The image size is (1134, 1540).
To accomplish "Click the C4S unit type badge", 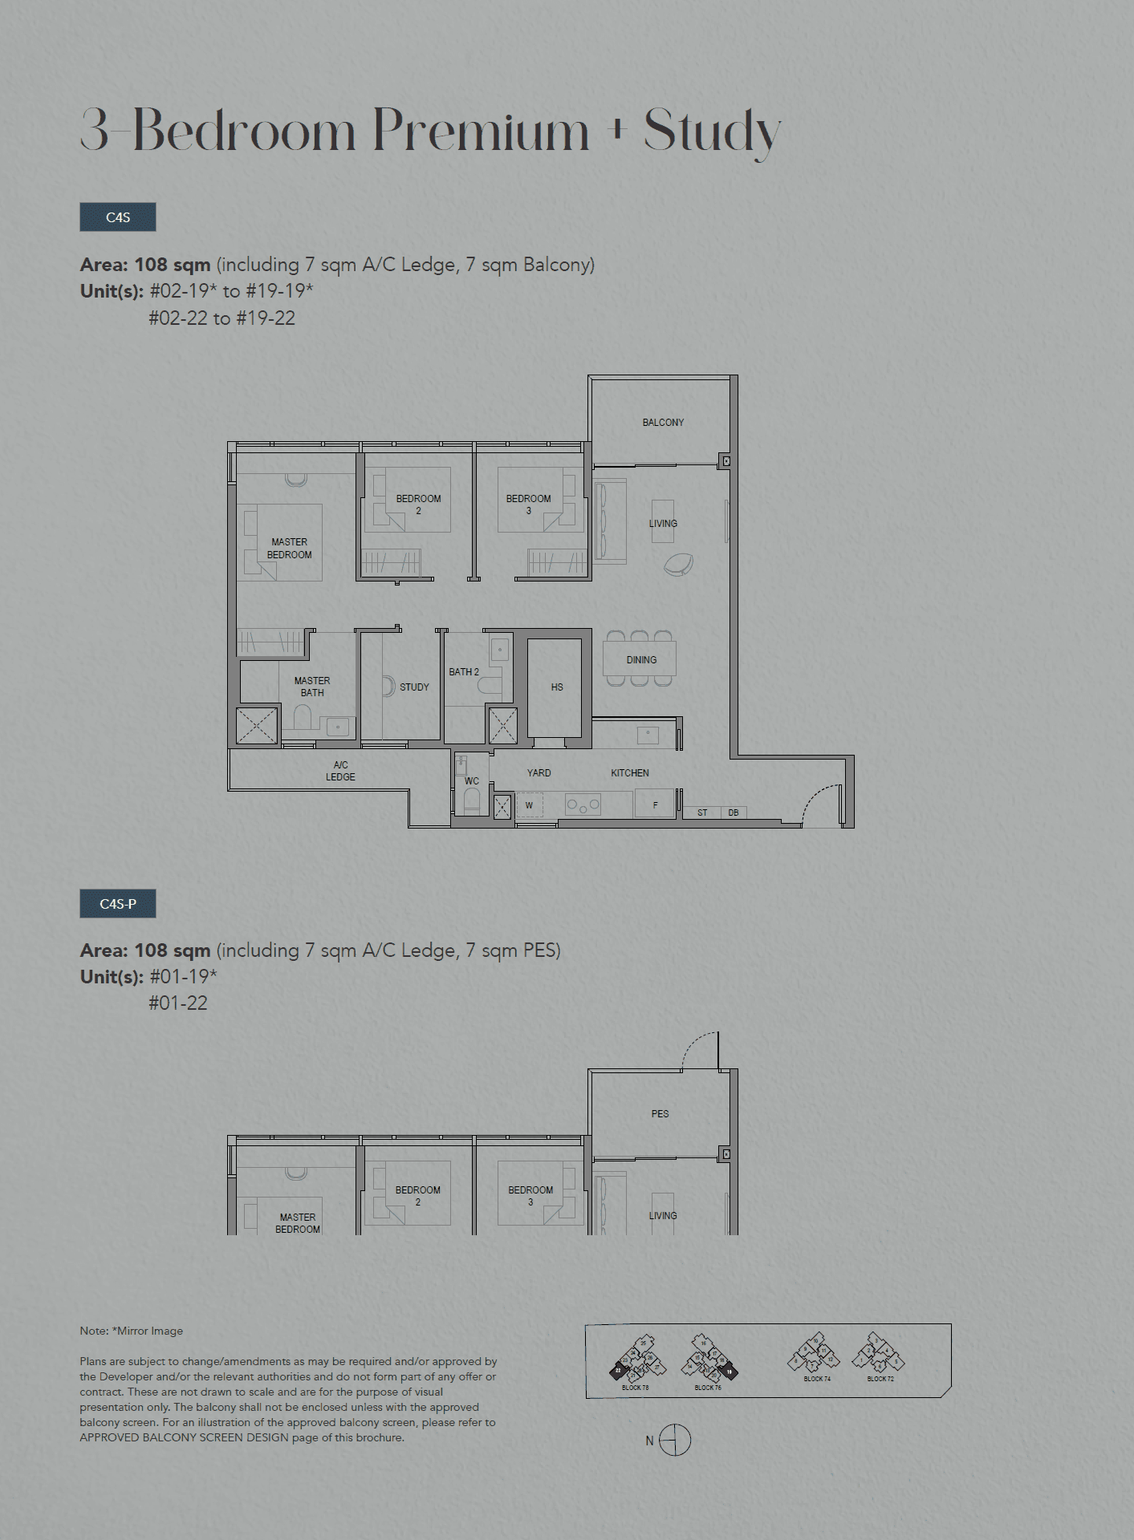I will (x=118, y=217).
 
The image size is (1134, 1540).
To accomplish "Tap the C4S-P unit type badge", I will (x=118, y=904).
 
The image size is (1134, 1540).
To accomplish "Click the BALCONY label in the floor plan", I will (x=663, y=422).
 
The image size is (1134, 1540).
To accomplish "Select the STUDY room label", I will (x=414, y=687).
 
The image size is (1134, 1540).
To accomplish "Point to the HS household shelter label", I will (x=557, y=687).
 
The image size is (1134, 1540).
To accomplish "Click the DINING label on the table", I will (x=641, y=660).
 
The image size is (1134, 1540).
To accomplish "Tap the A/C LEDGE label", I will (x=340, y=771).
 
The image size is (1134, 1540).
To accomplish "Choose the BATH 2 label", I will (x=464, y=672).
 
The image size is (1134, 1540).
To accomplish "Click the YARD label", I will (x=539, y=773).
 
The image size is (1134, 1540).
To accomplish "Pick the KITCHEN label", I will (x=630, y=773).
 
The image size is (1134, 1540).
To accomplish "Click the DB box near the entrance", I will (x=734, y=813).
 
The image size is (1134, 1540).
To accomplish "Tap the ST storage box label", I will (x=702, y=813).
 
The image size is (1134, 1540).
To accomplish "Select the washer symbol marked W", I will (x=529, y=805).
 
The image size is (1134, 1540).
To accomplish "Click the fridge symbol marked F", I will (x=656, y=804).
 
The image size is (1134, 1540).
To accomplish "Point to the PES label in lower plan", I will (x=660, y=1114).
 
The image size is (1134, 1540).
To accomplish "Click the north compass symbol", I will (x=675, y=1441).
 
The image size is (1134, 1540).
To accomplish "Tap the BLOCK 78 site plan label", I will (x=635, y=1388).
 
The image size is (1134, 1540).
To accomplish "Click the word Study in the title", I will (x=712, y=131).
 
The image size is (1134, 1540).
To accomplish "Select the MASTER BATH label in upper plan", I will (x=312, y=687).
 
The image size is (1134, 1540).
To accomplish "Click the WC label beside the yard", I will (x=472, y=781).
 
